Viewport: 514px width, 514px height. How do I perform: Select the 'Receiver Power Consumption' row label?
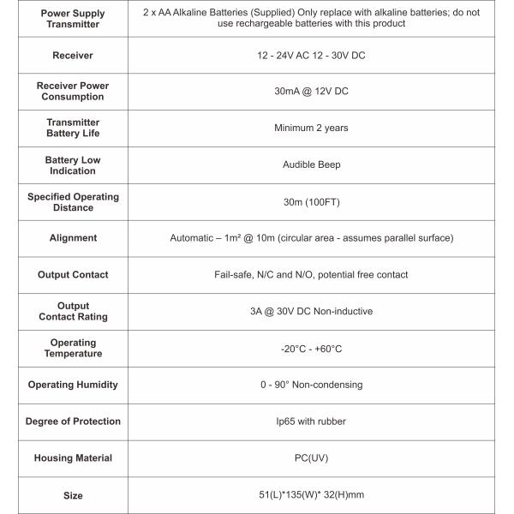pos(73,92)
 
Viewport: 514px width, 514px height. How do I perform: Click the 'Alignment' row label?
pos(73,238)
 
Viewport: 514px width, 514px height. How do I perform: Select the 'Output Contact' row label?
pos(73,275)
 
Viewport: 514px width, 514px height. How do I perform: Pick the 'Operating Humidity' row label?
pos(73,385)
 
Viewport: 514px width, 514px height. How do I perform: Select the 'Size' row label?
pos(73,495)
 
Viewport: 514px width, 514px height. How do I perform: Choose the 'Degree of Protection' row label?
pos(73,421)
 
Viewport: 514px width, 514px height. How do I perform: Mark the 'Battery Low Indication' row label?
pos(73,165)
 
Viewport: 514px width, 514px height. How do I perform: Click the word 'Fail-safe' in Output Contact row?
pos(233,275)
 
